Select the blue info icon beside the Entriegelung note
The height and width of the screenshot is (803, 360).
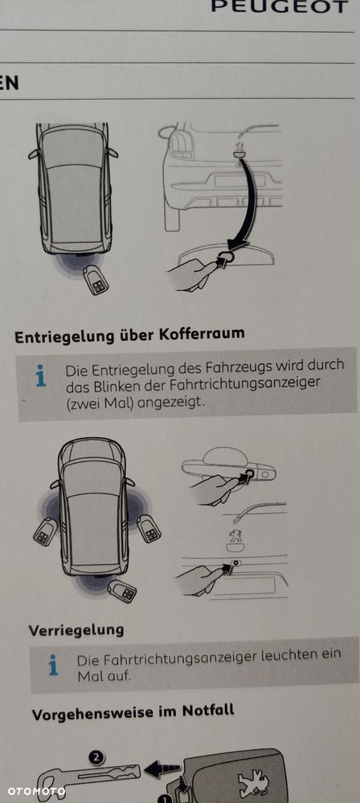click(41, 375)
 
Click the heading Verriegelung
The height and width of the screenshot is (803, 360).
click(76, 629)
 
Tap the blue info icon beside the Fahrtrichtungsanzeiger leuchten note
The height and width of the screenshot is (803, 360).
click(53, 665)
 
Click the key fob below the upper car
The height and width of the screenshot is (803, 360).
click(96, 280)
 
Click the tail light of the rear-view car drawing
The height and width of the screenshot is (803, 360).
click(180, 143)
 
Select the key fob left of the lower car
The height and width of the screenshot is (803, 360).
click(45, 531)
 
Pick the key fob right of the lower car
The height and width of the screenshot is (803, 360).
click(149, 528)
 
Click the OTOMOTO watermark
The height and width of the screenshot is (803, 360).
click(36, 792)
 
